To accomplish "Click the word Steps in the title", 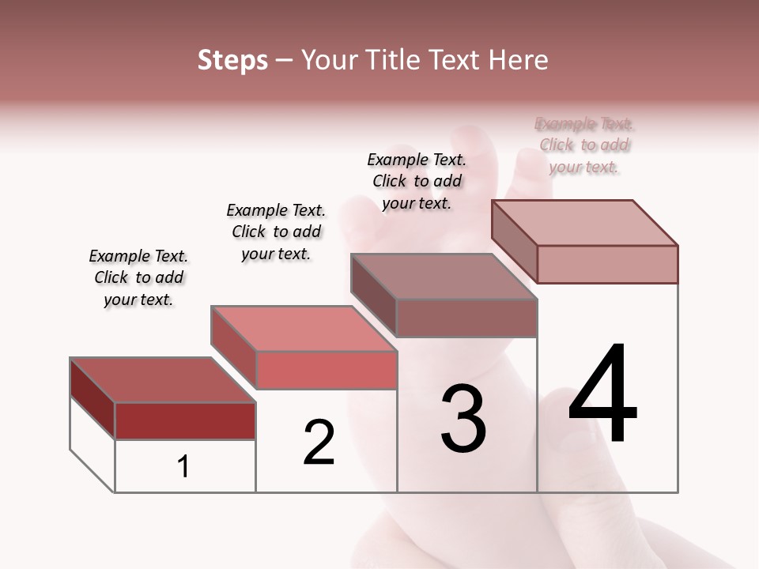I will [232, 60].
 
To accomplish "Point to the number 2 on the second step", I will [319, 442].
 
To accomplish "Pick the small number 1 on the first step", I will [183, 467].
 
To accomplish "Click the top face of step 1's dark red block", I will [163, 380].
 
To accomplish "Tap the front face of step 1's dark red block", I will [185, 420].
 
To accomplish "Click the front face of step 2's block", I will [327, 370].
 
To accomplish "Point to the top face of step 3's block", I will [444, 277].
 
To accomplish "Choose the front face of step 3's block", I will [466, 318].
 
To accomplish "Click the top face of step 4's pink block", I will [585, 223].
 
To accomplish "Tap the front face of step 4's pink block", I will [607, 264].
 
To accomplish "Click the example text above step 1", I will [138, 277].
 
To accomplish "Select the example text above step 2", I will [276, 232].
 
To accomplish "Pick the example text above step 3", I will [417, 181].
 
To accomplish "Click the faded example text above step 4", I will [584, 145].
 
